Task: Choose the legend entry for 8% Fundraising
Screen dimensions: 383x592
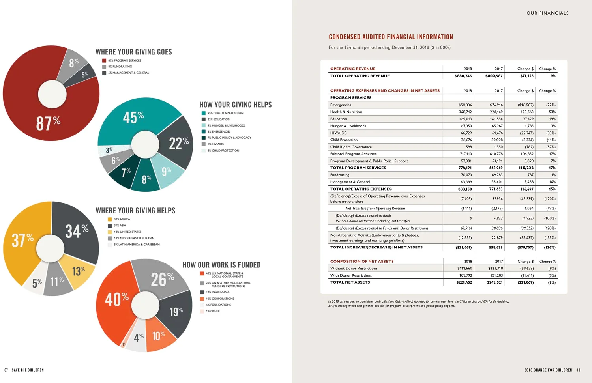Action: pos(120,67)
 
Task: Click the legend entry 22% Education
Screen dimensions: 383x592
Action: pos(219,119)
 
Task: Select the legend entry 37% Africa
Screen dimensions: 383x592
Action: pos(122,219)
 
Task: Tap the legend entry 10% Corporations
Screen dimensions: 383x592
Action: pos(219,299)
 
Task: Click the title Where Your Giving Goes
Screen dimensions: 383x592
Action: pos(134,52)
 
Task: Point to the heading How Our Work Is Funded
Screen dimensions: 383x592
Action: pos(221,265)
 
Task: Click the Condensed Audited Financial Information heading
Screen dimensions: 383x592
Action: pos(391,37)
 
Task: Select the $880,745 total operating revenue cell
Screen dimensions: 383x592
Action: pos(463,76)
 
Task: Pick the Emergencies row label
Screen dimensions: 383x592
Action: pos(341,105)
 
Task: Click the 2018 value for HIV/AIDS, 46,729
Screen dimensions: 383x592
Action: pos(466,133)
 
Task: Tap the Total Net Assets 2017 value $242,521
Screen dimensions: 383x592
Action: pos(495,282)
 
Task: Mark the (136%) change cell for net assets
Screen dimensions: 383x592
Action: pos(550,248)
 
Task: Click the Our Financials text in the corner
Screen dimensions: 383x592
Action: pos(547,13)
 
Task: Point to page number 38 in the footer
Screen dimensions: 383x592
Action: pos(578,370)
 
